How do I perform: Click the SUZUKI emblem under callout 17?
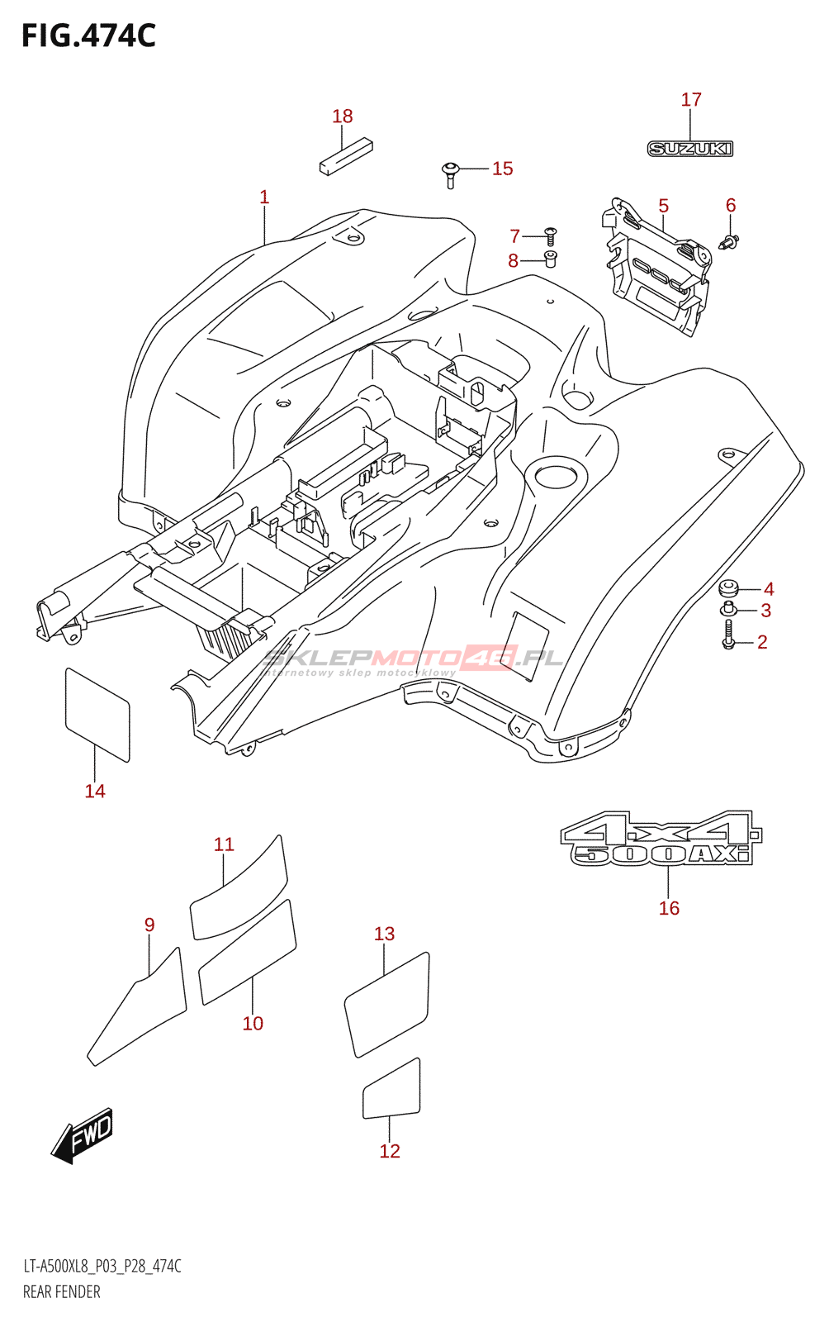pos(689,148)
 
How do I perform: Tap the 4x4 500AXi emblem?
pos(661,839)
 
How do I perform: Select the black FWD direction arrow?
pos(82,1136)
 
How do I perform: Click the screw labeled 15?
pos(450,174)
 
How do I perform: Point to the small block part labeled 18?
pos(346,156)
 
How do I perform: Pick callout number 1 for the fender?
pos(264,197)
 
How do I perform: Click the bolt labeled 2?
pos(729,635)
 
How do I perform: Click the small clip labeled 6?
pos(730,240)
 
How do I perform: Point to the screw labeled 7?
pos(550,236)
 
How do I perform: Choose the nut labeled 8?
pos(550,259)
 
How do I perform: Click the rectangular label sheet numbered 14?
pos(97,715)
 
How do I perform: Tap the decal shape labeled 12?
pos(391,1088)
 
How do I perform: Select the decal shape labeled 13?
pos(386,1005)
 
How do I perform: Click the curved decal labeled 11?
pos(239,887)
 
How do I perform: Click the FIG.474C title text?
pos(88,36)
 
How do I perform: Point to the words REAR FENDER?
pos(61,1292)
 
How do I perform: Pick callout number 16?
pos(669,908)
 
